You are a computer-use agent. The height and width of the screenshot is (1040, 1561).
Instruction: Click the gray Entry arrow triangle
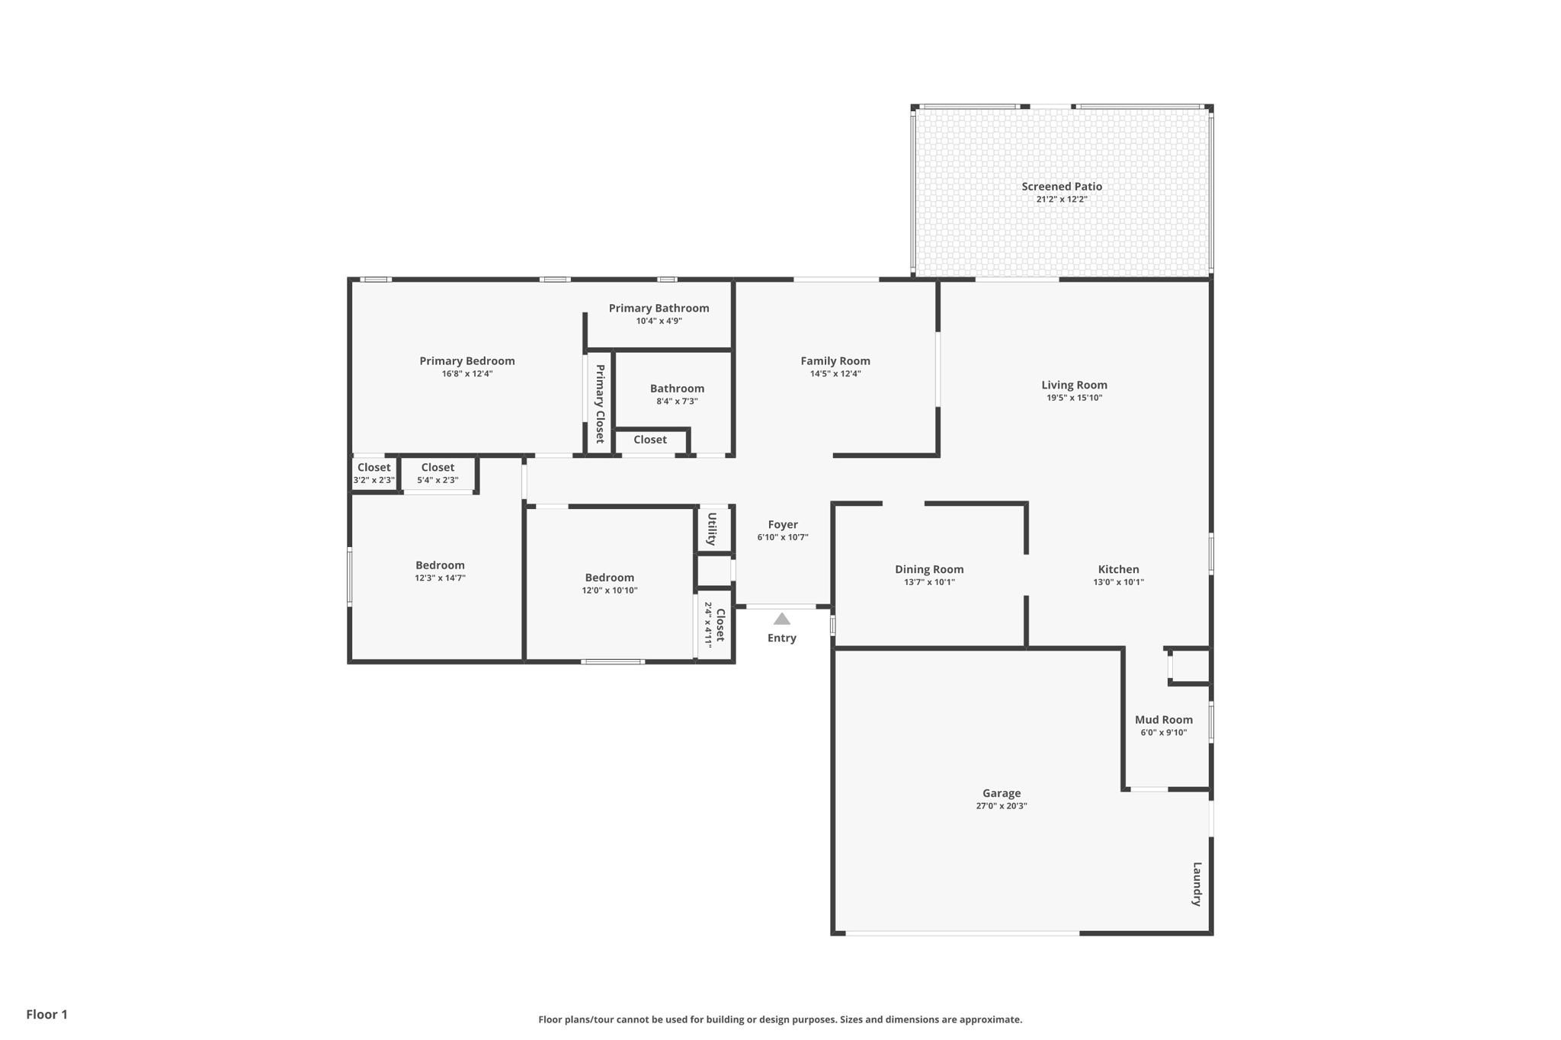point(782,619)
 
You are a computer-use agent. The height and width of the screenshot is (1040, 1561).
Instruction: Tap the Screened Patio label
point(1062,186)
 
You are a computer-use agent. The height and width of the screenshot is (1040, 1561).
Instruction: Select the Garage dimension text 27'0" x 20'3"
point(1002,806)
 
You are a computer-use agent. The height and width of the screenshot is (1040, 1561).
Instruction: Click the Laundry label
point(1197,884)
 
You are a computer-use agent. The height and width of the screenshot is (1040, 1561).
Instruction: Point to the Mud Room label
point(1164,719)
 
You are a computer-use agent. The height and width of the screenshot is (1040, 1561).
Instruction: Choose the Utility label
point(712,529)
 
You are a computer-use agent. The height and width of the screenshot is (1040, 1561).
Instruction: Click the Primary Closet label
point(600,404)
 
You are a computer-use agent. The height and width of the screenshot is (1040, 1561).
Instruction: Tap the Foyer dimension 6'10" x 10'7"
point(783,537)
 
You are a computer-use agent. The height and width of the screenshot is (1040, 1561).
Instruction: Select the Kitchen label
point(1119,569)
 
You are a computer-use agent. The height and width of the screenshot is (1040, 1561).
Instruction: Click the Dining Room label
point(929,569)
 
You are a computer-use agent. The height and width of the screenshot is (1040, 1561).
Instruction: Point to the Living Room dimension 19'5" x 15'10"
point(1075,398)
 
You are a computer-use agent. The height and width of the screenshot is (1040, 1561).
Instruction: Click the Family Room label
point(835,361)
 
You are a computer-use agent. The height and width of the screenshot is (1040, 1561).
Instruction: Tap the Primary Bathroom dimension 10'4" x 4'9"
point(659,321)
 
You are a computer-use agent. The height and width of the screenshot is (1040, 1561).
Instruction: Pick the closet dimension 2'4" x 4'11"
point(708,625)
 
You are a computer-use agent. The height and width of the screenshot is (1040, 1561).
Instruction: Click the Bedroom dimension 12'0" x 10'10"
point(610,590)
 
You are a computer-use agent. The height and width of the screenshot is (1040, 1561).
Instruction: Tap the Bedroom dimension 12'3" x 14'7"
point(441,578)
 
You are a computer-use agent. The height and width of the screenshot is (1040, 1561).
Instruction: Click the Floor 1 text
point(47,1014)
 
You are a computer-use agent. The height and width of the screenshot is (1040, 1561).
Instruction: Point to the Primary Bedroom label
point(467,361)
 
